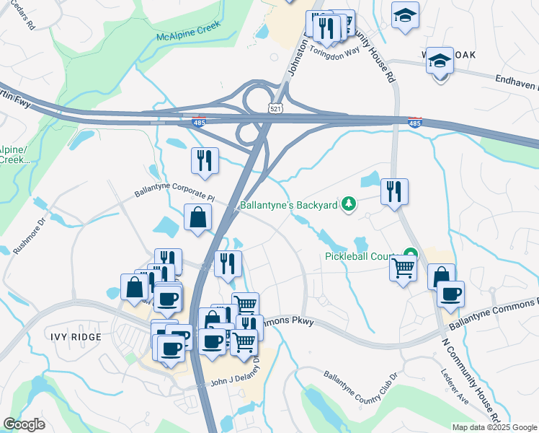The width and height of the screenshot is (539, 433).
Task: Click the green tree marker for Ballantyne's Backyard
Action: (349, 205)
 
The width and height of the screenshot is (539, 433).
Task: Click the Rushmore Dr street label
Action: (42, 228)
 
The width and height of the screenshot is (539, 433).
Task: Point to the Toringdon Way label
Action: (334, 51)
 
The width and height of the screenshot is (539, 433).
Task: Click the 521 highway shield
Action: (275, 109)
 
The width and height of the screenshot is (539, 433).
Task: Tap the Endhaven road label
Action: (517, 81)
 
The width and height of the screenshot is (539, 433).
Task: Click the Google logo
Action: (24, 424)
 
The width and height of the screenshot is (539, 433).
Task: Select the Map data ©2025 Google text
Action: (494, 427)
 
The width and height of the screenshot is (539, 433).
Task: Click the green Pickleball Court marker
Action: (411, 255)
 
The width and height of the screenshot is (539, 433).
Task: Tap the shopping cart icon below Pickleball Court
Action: (404, 268)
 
